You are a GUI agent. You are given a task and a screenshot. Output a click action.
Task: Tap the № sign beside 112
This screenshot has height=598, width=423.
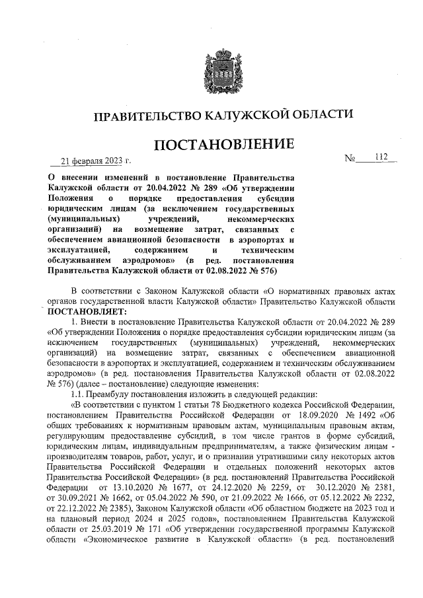pyautogui.click(x=351, y=159)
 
